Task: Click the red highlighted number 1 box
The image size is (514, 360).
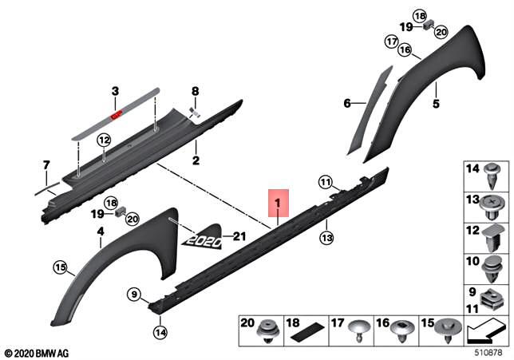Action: (x=278, y=204)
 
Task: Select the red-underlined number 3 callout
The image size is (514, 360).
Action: (x=115, y=92)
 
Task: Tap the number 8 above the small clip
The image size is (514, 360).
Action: (x=194, y=91)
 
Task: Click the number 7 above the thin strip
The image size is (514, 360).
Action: (x=45, y=164)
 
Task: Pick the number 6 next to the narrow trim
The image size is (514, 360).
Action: (x=347, y=104)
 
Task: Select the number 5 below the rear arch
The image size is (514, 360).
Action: (x=437, y=104)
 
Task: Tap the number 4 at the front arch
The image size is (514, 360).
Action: (x=101, y=231)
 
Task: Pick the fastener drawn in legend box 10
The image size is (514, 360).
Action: (x=493, y=264)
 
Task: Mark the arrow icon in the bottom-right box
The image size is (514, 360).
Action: (x=484, y=326)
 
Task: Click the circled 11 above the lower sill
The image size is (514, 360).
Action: (x=325, y=183)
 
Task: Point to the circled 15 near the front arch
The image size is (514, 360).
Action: (x=60, y=267)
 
